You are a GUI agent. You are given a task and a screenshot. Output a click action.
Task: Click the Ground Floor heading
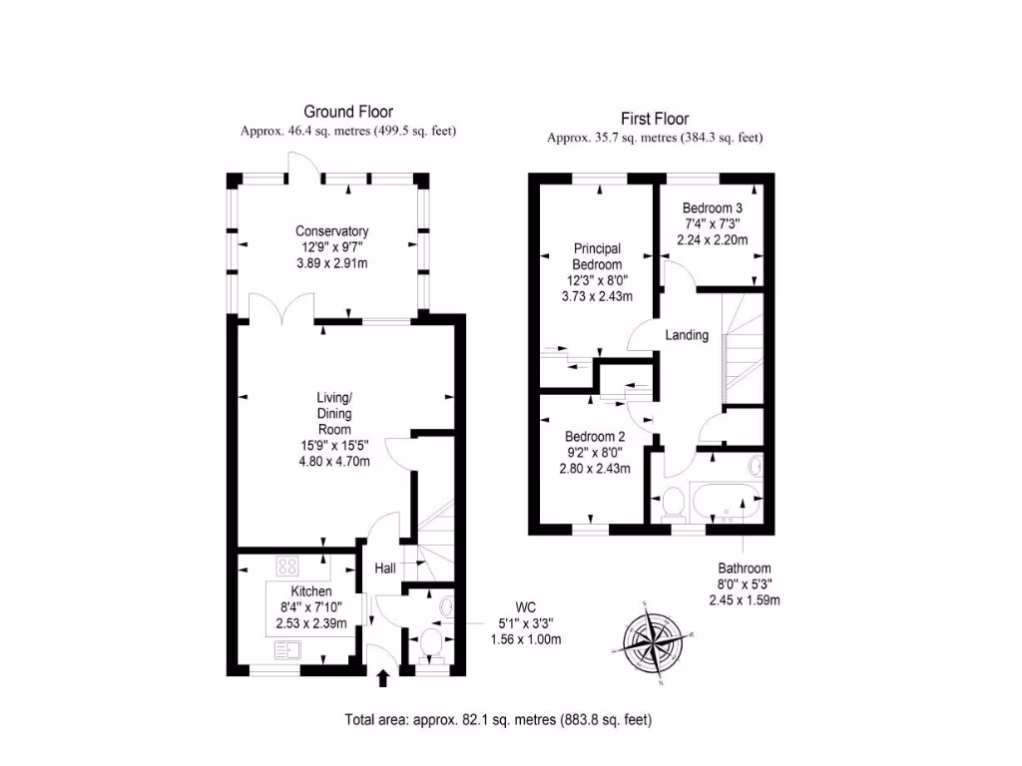pos(348,112)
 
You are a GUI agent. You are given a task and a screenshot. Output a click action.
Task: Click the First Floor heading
pos(655,119)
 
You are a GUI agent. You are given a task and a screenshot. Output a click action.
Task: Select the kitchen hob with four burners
pos(287,566)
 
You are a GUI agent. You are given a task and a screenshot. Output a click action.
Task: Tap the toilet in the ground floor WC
pos(431,642)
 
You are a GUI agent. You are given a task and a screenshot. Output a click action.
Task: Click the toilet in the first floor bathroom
pos(673,503)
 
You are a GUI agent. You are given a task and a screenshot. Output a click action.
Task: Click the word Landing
pos(687,335)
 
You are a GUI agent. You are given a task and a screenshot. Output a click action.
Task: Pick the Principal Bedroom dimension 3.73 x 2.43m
pos(597,296)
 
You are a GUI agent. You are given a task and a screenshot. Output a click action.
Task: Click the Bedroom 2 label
pos(595,437)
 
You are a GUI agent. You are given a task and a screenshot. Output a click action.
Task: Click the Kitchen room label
pos(310,591)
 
